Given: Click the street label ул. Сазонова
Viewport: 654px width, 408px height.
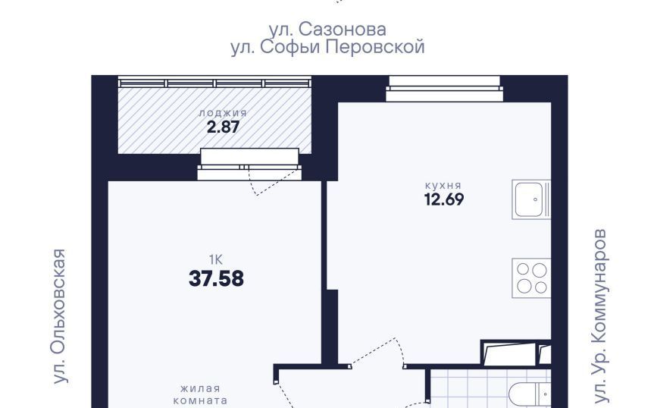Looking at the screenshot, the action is (327, 30).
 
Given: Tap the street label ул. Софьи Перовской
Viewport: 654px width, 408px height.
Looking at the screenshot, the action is (327, 47).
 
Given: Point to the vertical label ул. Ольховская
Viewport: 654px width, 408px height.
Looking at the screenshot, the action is (59, 315).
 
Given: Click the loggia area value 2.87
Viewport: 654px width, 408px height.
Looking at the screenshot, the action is (223, 127).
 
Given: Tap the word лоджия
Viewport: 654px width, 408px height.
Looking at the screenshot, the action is (223, 113).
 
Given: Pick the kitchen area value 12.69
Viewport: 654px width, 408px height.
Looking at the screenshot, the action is (444, 199).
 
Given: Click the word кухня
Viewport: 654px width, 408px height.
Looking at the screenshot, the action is (443, 185).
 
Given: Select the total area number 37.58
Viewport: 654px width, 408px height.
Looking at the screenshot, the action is (216, 278).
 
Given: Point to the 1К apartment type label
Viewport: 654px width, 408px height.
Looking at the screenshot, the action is (216, 260).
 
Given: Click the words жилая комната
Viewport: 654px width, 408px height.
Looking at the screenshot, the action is (200, 394).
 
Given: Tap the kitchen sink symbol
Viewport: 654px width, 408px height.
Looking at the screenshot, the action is (531, 199).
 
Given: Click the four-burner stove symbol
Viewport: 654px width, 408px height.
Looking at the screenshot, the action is (531, 278).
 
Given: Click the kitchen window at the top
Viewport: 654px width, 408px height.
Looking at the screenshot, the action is (444, 89).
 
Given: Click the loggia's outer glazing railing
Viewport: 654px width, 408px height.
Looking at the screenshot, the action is (214, 82).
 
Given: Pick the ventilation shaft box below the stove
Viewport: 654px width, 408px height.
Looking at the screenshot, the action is (516, 353).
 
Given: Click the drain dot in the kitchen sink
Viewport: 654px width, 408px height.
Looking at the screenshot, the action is (536, 199).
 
